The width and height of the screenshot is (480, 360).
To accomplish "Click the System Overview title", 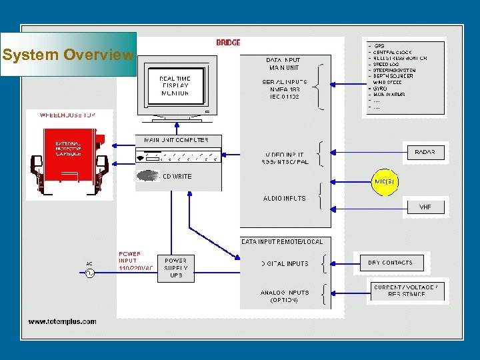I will click(68, 55).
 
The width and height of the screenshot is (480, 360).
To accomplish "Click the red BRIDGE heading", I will click(228, 43).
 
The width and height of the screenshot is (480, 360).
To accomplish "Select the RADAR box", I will click(425, 152).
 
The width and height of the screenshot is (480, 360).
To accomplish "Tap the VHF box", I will click(425, 207).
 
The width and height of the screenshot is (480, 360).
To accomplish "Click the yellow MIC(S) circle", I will click(385, 181).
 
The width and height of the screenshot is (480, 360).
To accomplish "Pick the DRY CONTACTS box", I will click(390, 263).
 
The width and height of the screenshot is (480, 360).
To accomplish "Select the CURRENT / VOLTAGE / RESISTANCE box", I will click(406, 290).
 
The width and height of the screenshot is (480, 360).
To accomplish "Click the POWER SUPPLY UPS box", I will click(176, 267).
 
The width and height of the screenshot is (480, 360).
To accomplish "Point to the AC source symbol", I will click(89, 273).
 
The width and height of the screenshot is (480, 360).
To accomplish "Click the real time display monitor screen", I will click(175, 86).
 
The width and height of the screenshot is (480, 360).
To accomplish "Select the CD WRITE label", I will click(177, 177).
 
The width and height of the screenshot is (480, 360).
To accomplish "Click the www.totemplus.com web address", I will click(62, 321).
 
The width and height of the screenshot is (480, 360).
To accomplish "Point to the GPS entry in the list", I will click(380, 46).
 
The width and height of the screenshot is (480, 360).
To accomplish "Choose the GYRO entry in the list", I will click(380, 89).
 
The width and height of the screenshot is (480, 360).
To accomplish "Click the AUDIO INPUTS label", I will click(284, 198).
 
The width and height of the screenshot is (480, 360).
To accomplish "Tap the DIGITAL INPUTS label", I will click(285, 263).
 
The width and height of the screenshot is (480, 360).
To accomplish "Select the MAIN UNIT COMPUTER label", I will click(175, 140).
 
